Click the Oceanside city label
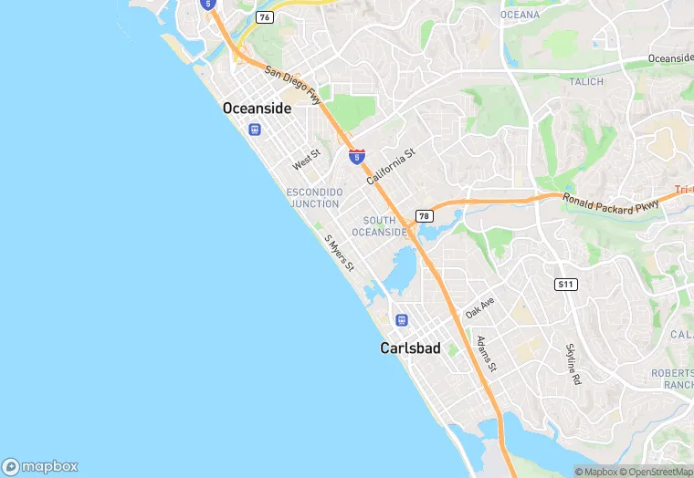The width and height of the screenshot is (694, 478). pos(257,109)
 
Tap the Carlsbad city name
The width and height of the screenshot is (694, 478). pos(410,348)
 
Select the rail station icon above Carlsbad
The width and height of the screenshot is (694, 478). pos(401,320)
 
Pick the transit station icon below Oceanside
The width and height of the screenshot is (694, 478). pos(254,129)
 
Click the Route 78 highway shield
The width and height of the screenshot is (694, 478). pos(424,216)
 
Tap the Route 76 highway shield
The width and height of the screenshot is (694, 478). pos(265,17)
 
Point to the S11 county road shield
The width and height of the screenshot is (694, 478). pos(566,285)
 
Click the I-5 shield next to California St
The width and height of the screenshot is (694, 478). pos(357,157)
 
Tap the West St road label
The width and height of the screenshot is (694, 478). pos(306,160)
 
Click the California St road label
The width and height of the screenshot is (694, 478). pos(391,167)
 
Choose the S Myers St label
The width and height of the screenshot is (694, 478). pos(339,252)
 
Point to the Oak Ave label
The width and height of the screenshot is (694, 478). pos(479,307)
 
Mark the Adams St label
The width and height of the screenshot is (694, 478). pos(486,354)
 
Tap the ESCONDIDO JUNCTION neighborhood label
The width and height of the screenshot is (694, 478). pos(314,198)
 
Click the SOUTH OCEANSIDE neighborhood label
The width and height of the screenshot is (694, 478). pos(379,226)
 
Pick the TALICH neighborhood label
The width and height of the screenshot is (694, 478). pos(587,81)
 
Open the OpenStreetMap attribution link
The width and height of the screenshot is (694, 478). pos(655,472)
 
